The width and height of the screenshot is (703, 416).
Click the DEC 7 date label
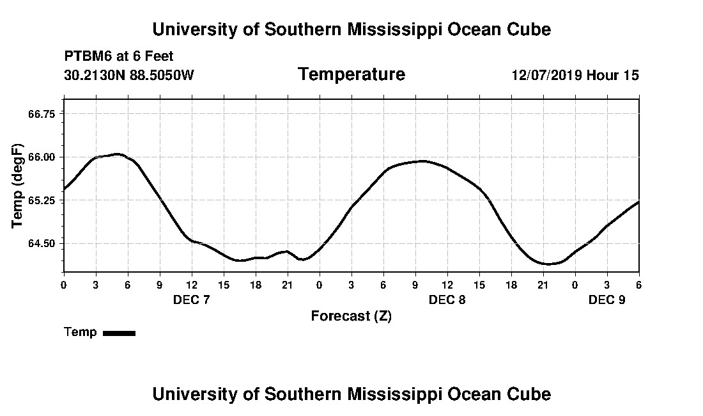click(x=191, y=300)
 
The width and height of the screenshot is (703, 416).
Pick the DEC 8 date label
click(x=447, y=300)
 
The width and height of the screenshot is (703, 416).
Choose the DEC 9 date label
click(x=606, y=300)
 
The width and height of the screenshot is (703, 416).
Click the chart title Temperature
click(x=351, y=74)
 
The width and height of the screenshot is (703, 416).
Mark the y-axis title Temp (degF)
click(x=17, y=186)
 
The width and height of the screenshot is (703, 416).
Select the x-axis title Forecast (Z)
click(x=351, y=316)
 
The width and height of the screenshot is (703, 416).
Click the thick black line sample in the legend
click(x=119, y=333)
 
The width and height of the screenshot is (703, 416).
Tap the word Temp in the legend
click(x=81, y=332)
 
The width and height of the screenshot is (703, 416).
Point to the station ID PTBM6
click(x=88, y=56)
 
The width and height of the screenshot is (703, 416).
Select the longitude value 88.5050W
click(x=162, y=75)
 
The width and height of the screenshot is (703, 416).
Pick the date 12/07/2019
click(x=546, y=75)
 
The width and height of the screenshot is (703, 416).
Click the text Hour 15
click(x=612, y=75)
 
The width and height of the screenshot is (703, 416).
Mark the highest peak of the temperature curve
click(x=117, y=154)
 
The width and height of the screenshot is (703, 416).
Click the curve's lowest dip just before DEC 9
click(x=547, y=264)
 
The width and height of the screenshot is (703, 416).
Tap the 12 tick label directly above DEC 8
click(x=447, y=284)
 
